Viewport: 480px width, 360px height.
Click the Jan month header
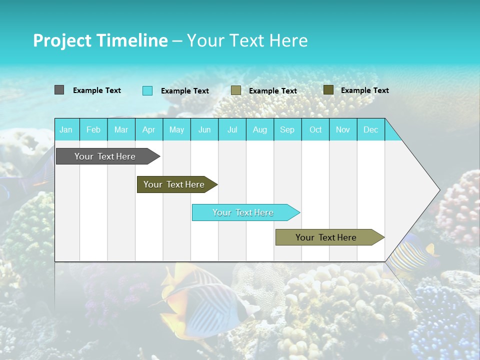[66, 129]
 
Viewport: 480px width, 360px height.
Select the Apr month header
[149, 129]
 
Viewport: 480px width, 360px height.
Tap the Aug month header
[260, 129]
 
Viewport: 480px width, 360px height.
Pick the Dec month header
[371, 129]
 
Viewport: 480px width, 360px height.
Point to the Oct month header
[315, 129]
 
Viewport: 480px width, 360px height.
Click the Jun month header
[204, 129]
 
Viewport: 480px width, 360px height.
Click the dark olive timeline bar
[175, 184]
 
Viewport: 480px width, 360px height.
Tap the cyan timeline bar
[244, 212]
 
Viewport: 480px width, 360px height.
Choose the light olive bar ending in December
[327, 237]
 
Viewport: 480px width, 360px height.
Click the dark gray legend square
[59, 90]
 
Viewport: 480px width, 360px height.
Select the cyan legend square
[147, 90]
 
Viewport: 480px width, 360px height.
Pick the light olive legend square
[236, 90]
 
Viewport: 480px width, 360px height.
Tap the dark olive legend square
[328, 90]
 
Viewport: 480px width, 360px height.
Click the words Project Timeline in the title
[100, 40]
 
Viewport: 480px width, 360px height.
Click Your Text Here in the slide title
[247, 40]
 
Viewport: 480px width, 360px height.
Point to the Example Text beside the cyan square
[185, 91]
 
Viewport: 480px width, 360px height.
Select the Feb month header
[93, 129]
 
